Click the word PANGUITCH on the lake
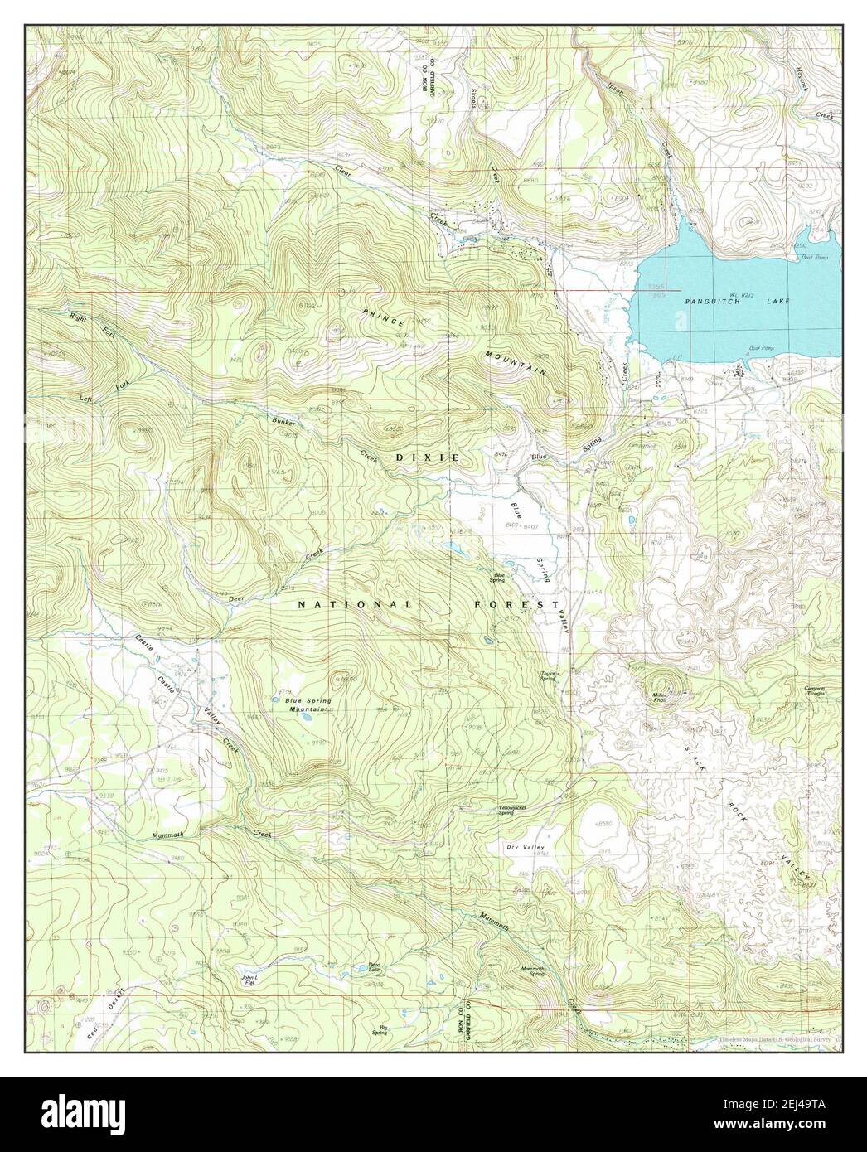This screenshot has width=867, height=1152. coord(697,302)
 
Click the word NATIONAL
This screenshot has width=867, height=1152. coord(355,605)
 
